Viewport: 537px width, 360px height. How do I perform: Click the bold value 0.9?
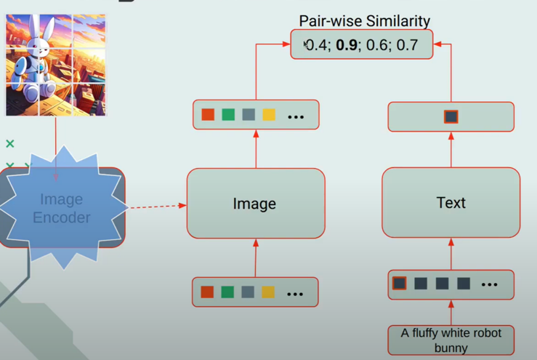coord(346,45)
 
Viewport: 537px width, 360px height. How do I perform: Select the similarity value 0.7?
coord(407,45)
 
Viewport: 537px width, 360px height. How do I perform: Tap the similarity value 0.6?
coord(376,45)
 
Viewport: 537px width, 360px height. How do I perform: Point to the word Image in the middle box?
coord(254,204)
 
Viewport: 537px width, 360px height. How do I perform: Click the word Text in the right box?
coord(451,203)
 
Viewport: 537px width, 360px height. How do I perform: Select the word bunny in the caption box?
coord(451,348)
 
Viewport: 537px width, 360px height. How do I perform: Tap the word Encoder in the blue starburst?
coord(62,217)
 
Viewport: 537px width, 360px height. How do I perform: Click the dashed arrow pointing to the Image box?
coord(158,207)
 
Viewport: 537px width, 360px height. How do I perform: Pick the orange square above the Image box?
coord(208,114)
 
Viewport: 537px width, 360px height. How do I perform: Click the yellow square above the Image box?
coord(269,114)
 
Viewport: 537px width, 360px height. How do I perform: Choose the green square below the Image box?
coord(227,292)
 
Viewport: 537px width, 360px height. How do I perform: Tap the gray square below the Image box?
coord(248,292)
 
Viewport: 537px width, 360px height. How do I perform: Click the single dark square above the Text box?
coord(451,117)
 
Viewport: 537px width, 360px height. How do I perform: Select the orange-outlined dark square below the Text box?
coord(400,284)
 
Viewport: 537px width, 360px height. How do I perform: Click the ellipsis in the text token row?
coord(489,284)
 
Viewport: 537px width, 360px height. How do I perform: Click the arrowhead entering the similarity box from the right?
coord(437,44)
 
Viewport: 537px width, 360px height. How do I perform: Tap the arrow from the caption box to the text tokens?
coord(451,313)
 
